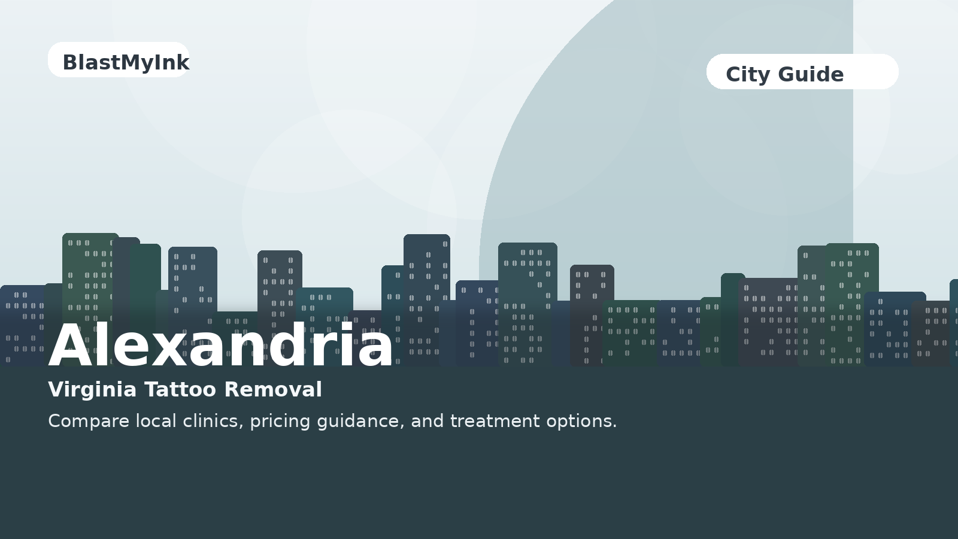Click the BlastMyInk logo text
(126, 62)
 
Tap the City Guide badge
(802, 72)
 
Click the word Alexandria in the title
(220, 345)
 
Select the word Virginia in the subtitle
(92, 390)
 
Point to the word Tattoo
(180, 390)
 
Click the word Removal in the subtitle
(273, 390)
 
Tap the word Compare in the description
(89, 422)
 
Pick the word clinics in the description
(213, 421)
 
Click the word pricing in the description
(280, 422)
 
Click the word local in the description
(156, 421)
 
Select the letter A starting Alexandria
(71, 345)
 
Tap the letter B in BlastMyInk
(69, 62)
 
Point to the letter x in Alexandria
(177, 350)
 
